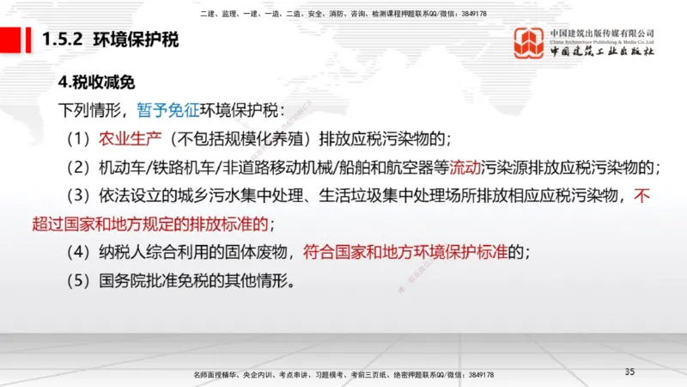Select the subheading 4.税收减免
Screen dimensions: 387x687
96,84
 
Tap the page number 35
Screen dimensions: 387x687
629,371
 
